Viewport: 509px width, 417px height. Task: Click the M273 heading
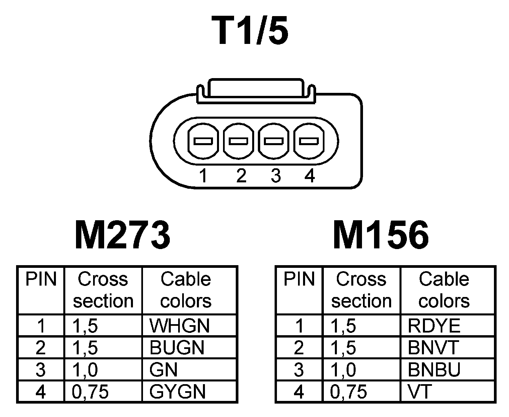[122, 235]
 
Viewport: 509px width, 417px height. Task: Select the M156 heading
[381, 235]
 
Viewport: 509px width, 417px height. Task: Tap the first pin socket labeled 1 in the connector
[203, 141]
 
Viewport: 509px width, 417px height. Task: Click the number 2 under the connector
[241, 176]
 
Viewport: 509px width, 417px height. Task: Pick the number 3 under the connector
[275, 176]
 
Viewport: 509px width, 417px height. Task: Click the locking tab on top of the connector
[256, 89]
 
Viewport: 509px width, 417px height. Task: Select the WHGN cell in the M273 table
[179, 325]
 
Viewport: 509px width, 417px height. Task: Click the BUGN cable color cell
[177, 348]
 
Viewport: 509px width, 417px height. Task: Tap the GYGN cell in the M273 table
[177, 392]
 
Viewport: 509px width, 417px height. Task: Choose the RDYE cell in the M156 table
[434, 325]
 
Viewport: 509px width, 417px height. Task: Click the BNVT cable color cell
[433, 348]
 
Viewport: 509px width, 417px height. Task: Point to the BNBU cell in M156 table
[434, 370]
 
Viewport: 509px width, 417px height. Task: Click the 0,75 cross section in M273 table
[90, 392]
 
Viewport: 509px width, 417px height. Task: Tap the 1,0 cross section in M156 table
[343, 370]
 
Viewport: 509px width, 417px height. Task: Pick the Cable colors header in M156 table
[444, 290]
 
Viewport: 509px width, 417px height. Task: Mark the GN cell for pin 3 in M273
[163, 370]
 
